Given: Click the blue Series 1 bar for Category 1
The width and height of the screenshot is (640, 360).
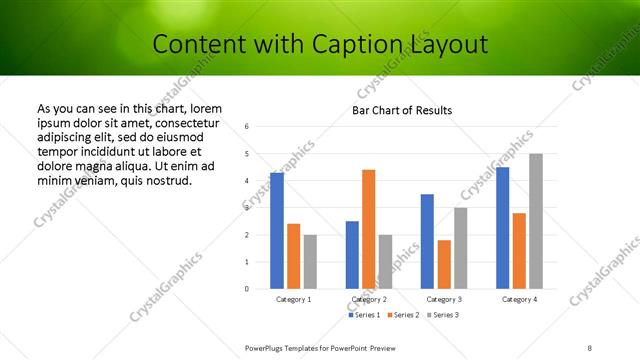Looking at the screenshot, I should coord(277,231).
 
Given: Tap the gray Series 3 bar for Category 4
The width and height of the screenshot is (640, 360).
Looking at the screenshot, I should coord(536,221).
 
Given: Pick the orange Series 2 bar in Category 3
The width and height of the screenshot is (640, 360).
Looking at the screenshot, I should coord(444,264).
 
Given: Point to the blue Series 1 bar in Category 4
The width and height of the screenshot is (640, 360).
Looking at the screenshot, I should coord(502,228).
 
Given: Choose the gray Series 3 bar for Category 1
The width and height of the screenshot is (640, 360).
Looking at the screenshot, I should coord(310,262).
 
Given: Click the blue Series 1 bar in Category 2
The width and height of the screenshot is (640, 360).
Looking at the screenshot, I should coord(352,255).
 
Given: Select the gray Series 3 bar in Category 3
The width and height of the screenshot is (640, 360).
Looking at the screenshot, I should coord(460,248).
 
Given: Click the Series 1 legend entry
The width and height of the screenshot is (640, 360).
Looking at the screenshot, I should coord(363,315).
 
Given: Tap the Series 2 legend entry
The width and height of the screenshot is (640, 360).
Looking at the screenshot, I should coord(402,315).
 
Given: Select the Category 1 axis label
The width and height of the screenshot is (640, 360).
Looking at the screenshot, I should coord(293,299).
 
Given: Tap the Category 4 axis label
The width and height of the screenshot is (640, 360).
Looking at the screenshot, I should coord(519,299).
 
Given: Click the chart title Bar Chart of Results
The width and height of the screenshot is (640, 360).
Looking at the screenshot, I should coord(402,110).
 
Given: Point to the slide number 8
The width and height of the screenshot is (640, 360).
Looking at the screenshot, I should coord(589,347).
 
